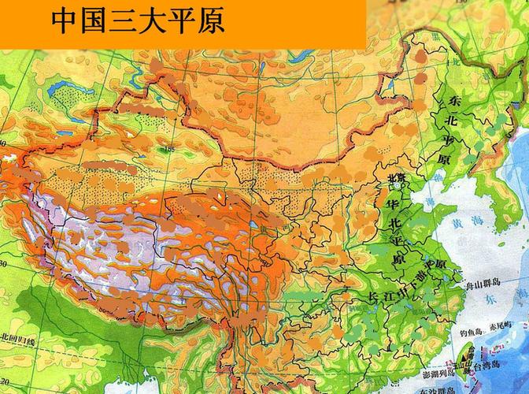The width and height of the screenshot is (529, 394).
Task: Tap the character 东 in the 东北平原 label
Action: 456,102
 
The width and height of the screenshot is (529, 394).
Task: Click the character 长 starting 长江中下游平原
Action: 374,296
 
